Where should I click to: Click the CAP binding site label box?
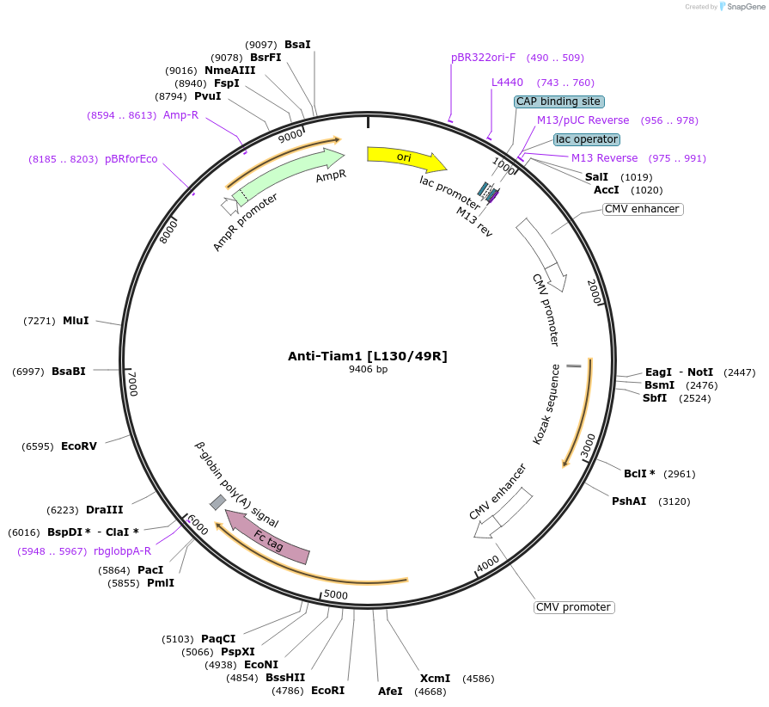[x=558, y=101]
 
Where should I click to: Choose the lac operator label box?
[x=587, y=139]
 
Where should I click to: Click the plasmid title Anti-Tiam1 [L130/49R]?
[x=368, y=356]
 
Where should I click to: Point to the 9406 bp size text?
[x=368, y=370]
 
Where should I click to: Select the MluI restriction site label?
[x=76, y=321]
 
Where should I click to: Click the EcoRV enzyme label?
[x=79, y=446]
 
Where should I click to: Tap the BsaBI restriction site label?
[x=69, y=372]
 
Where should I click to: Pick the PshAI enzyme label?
[x=629, y=501]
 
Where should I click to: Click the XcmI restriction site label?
[x=435, y=679]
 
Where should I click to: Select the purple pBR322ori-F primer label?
[x=484, y=58]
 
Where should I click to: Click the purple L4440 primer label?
[x=507, y=83]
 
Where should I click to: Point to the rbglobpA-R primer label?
[x=123, y=551]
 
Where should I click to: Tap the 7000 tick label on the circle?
[x=131, y=383]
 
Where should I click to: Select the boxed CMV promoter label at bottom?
[x=574, y=607]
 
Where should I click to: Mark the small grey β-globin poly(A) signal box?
[x=218, y=502]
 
